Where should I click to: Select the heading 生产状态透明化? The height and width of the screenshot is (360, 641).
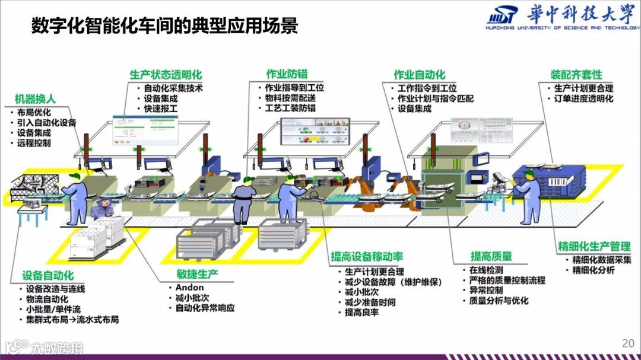(x=166, y=75)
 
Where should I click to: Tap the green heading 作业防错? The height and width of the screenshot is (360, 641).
(x=287, y=75)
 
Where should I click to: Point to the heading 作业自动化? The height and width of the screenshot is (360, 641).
(x=419, y=75)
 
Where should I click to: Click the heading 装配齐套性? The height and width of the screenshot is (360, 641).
(x=576, y=75)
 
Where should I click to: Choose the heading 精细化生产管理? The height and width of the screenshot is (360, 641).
(x=594, y=246)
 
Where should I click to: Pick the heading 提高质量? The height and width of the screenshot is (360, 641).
(x=491, y=256)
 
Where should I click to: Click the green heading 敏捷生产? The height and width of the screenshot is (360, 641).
(x=197, y=273)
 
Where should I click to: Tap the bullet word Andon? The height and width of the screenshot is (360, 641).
(x=189, y=287)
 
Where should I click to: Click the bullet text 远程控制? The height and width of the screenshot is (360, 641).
(x=34, y=143)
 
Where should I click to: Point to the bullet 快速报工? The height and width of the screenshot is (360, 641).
(x=161, y=109)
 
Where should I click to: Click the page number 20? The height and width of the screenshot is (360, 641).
(x=628, y=343)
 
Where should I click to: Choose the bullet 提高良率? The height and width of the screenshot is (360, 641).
(x=361, y=313)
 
